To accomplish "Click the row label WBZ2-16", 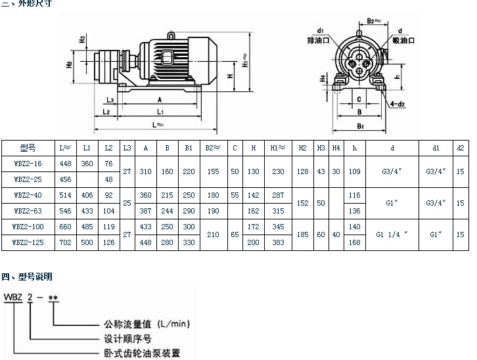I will tap(27, 164).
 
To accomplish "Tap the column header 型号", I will tap(28, 148).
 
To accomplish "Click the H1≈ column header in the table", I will tap(278, 148).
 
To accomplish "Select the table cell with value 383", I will tap(278, 242).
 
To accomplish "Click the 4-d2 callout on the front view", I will tap(397, 104).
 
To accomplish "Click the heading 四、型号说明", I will tap(28, 277).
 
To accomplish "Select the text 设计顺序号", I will tap(126, 338).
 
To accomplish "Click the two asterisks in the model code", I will tap(55, 299).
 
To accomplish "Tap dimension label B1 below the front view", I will tap(360, 125).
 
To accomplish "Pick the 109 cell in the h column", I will tap(355, 171).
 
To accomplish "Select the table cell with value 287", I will tap(278, 195).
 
